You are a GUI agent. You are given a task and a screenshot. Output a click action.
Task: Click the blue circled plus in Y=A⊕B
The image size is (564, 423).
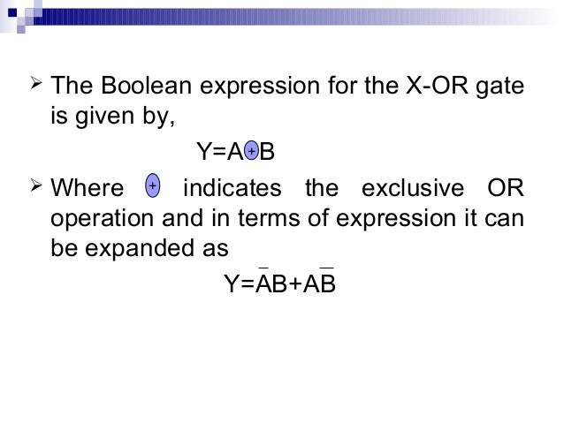(251, 152)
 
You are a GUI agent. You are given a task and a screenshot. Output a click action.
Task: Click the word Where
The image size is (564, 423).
(87, 189)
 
